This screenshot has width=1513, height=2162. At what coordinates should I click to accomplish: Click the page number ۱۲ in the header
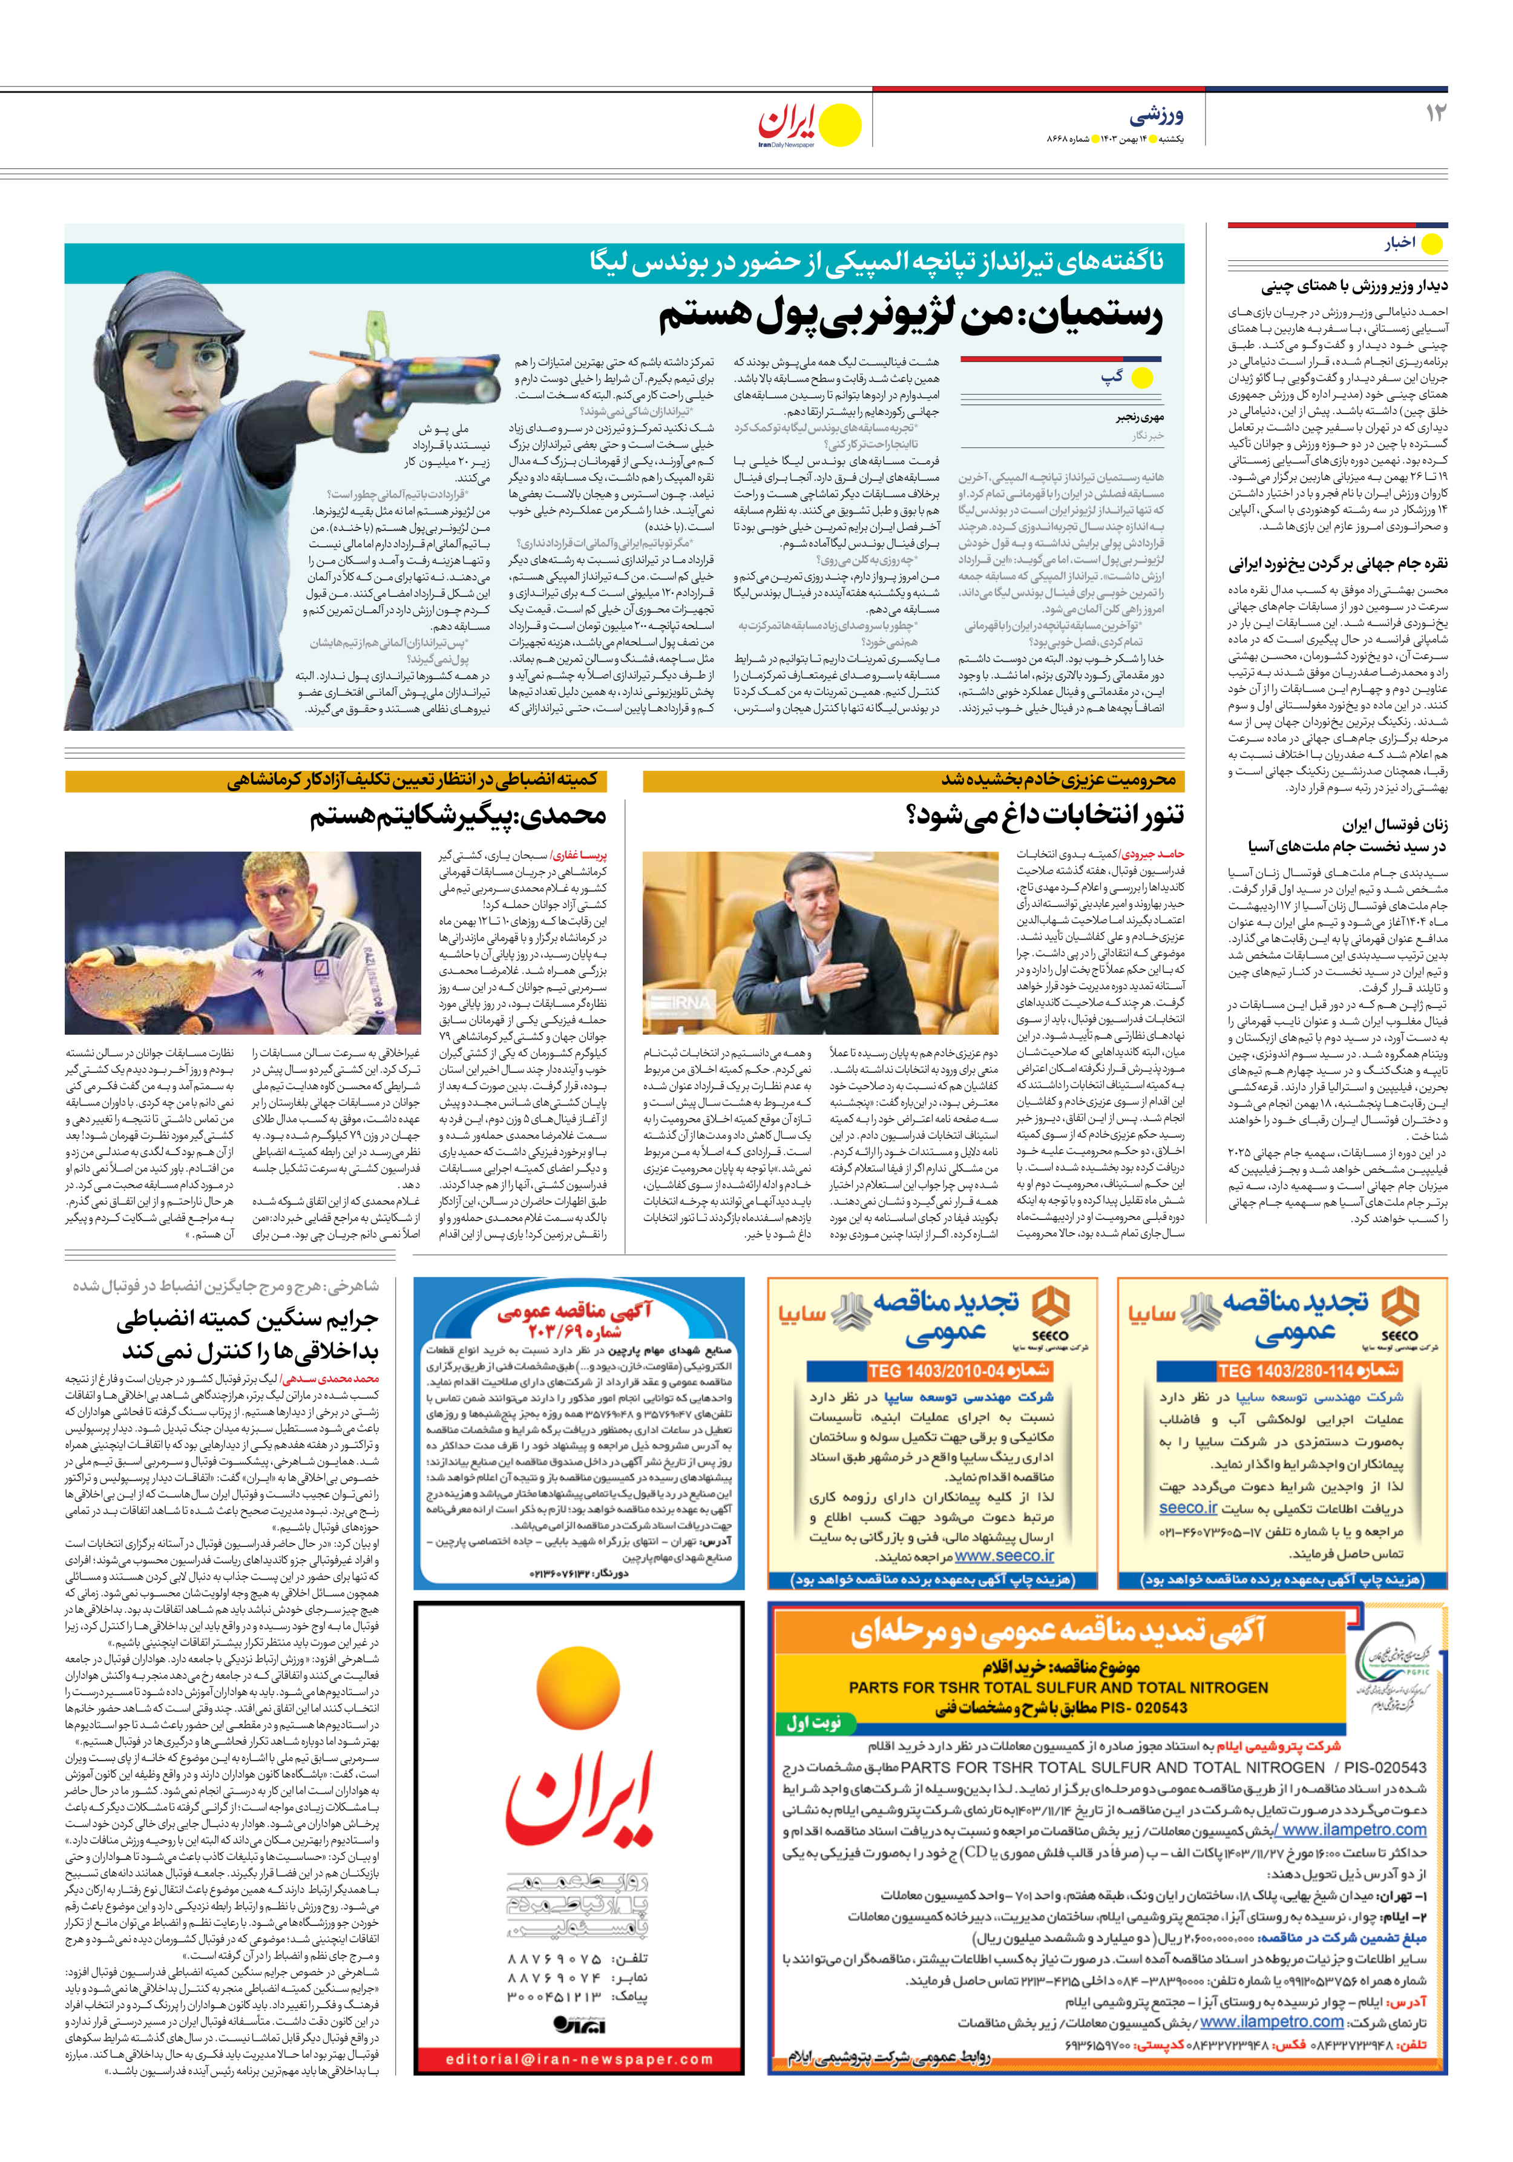tap(1435, 114)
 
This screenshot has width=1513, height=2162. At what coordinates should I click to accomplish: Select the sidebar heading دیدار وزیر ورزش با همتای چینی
tap(1354, 286)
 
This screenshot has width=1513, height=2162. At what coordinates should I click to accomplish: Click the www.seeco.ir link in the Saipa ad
tap(1003, 1557)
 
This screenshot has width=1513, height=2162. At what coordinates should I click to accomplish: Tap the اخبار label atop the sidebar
tap(1399, 243)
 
